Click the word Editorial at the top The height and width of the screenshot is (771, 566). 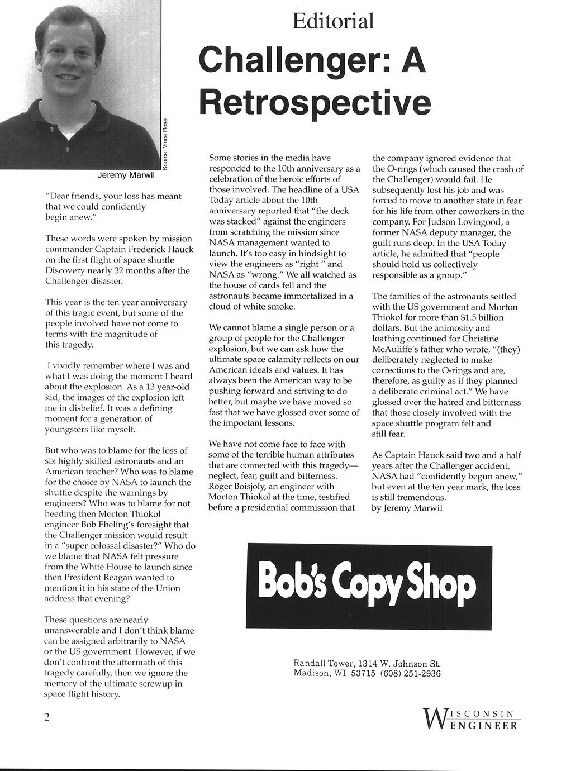tap(333, 22)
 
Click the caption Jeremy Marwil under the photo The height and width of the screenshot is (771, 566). tap(125, 175)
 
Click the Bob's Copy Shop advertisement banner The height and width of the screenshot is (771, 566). tap(369, 587)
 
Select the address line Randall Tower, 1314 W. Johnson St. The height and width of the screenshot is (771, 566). tap(367, 664)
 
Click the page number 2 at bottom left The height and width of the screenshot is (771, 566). tap(47, 717)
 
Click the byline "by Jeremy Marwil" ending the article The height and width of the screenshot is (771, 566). tap(407, 508)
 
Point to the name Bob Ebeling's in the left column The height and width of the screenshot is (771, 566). tap(105, 525)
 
